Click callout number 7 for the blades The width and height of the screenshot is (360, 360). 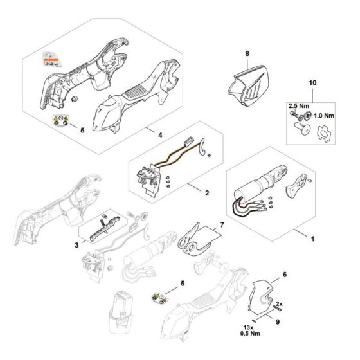click(222, 226)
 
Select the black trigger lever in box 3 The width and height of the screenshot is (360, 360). click(105, 226)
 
